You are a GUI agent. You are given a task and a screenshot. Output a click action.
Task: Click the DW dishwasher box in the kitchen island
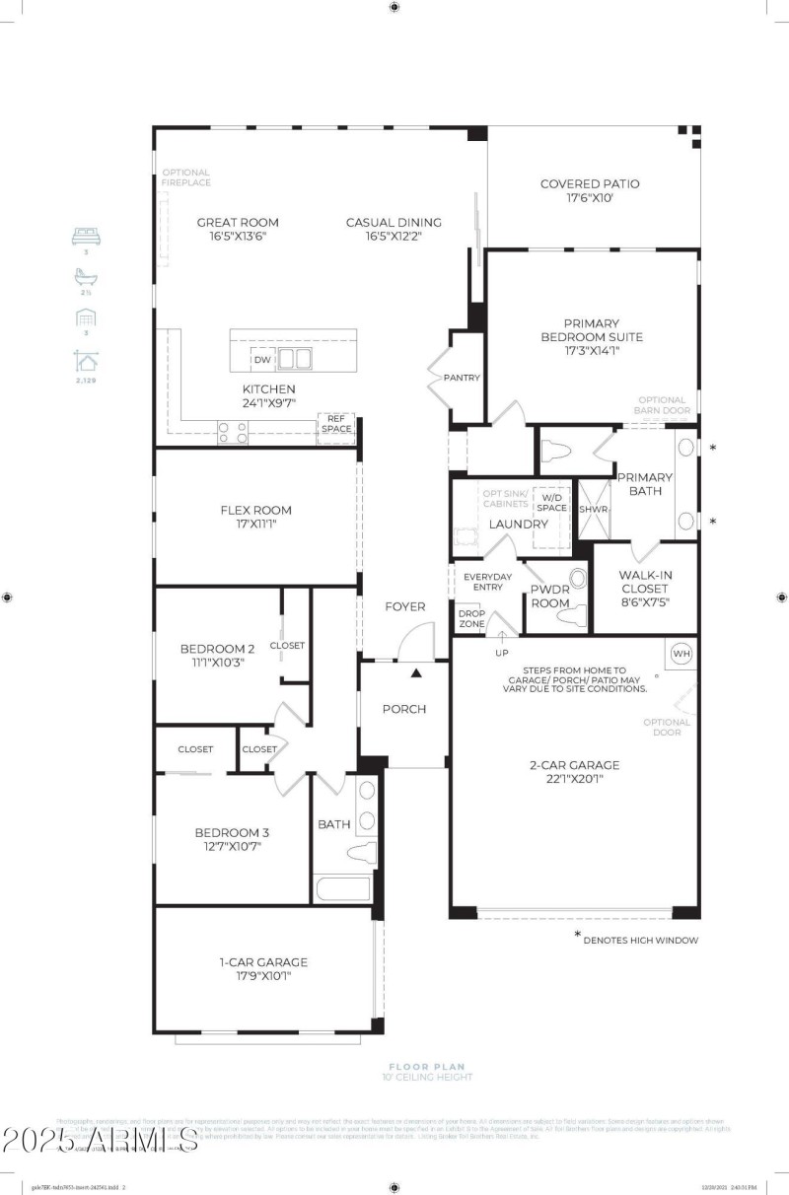262,360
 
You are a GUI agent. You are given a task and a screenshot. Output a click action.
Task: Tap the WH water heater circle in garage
681,654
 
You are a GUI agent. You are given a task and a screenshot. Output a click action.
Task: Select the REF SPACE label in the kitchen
335,423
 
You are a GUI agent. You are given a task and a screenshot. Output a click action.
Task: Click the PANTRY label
462,378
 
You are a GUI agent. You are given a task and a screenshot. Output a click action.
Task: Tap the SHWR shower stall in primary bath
594,510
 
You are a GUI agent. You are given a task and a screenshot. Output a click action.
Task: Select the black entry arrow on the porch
416,673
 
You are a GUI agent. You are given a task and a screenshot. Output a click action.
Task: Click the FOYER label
404,606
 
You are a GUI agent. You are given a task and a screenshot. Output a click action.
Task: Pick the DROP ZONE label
471,618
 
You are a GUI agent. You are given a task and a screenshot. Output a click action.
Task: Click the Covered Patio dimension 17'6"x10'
590,198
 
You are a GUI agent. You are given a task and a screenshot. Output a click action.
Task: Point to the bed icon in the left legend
87,237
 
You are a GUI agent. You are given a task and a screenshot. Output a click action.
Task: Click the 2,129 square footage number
87,380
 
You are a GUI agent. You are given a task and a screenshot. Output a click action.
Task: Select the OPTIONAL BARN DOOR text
664,405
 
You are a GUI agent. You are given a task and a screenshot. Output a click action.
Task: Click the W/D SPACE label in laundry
551,502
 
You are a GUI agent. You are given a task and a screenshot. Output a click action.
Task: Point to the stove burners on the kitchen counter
233,432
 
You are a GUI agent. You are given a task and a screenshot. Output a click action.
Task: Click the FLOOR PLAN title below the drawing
426,1066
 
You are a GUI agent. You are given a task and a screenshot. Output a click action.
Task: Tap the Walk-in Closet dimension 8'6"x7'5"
645,602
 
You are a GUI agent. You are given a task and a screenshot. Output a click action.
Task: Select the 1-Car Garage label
262,962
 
